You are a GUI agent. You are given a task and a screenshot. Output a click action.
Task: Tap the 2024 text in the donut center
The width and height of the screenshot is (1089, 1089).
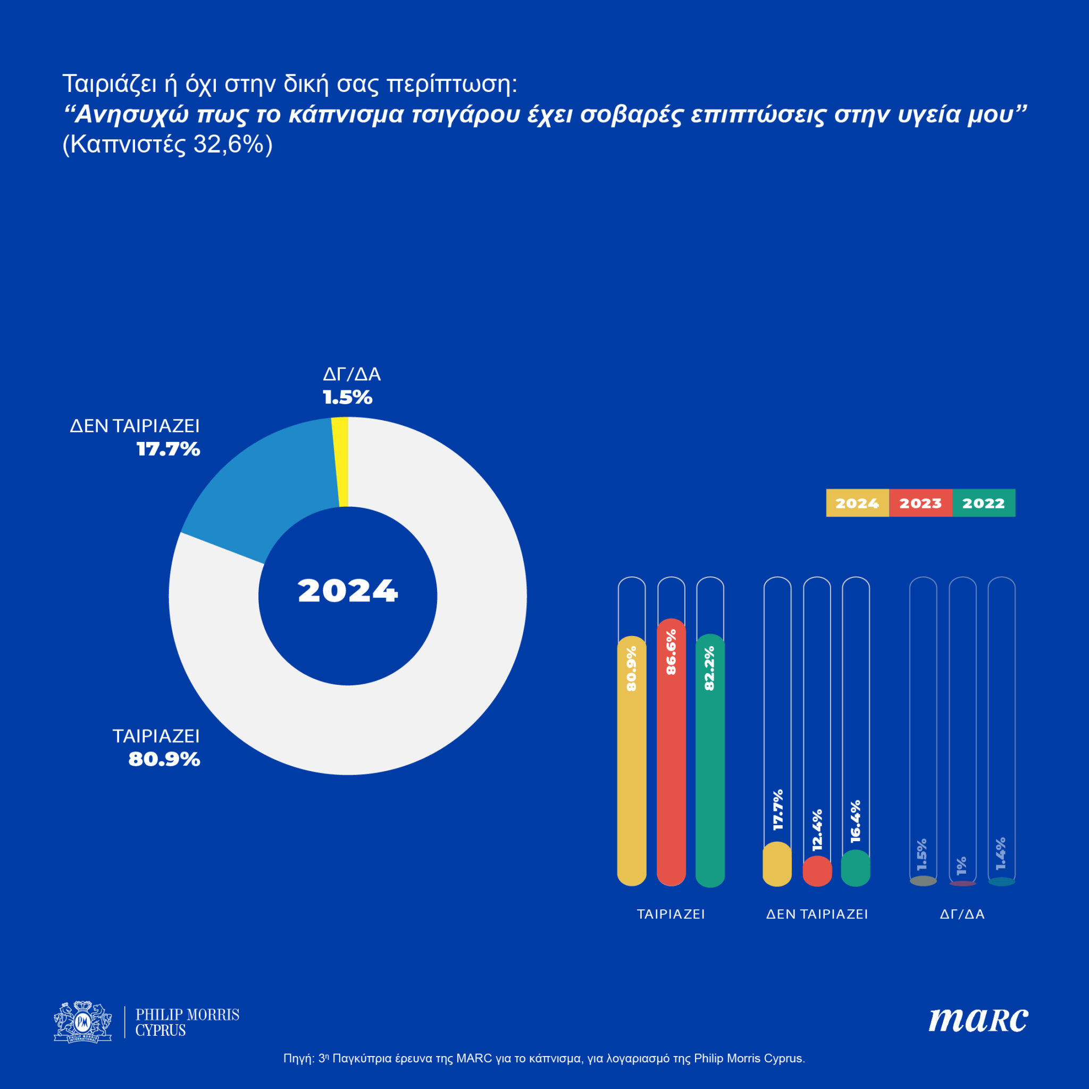coord(348,591)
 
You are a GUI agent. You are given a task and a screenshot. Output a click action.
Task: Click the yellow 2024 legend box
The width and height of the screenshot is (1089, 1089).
coord(857,503)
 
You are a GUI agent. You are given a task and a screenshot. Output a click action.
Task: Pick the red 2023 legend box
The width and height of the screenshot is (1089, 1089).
coord(920,503)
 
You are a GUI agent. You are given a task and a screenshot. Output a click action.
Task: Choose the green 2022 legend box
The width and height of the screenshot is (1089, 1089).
coord(984,503)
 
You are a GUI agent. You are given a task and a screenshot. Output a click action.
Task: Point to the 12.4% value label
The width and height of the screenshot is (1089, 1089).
coord(817,830)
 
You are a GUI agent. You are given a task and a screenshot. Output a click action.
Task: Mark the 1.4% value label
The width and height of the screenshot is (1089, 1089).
coord(1001,853)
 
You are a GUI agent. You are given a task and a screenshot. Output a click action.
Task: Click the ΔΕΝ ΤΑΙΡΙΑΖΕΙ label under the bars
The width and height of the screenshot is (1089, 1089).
coord(817,914)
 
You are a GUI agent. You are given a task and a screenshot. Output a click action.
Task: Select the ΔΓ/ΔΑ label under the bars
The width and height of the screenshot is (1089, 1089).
coord(962,914)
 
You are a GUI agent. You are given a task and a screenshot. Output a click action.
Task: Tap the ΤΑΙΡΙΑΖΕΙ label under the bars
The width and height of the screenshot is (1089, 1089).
coord(671,914)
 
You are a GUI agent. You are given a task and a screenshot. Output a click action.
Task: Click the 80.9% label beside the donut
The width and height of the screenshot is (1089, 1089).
coord(164,759)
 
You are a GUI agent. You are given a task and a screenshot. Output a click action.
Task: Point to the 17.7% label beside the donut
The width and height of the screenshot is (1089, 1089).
coord(168,449)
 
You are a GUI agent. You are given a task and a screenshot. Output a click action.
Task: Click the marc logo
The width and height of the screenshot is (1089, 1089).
coord(978,1020)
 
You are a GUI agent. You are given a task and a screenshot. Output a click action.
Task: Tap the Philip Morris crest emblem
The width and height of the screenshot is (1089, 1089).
coord(83,1022)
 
